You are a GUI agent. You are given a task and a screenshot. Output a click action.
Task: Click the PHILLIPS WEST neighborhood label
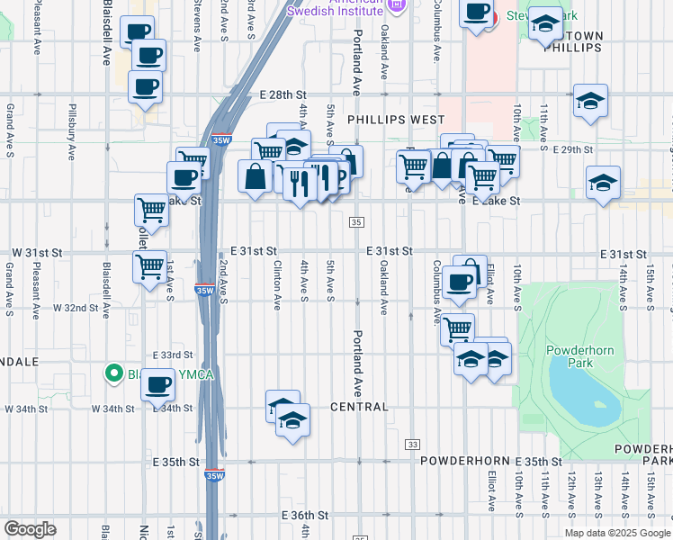click(396, 119)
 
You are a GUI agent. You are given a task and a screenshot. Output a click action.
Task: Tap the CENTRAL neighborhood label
click(360, 407)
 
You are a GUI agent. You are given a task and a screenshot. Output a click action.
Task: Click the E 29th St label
click(574, 149)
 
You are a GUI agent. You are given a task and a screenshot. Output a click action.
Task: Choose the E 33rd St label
click(173, 355)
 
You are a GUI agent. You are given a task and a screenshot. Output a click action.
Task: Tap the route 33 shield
click(413, 445)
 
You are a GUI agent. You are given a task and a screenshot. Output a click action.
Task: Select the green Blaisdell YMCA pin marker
click(113, 372)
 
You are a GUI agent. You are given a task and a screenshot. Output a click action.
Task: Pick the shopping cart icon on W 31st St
click(150, 266)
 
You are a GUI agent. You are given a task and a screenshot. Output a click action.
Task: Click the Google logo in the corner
click(30, 529)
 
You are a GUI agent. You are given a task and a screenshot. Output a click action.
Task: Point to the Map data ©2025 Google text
click(615, 533)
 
